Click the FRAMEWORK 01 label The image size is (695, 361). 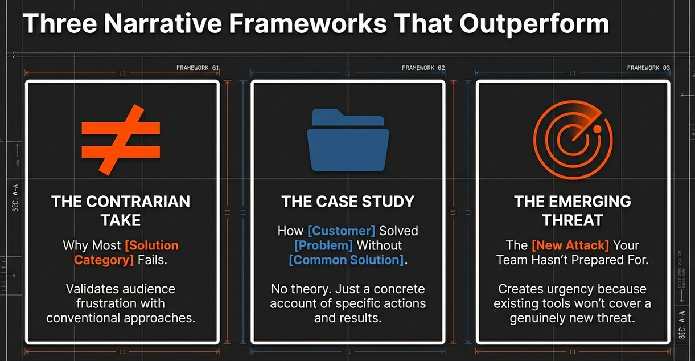coord(198,68)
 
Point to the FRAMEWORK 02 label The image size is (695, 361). coord(423,68)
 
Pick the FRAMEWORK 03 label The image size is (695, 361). coord(648,68)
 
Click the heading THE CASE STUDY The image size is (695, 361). coord(348,201)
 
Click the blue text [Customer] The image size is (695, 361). coord(341,231)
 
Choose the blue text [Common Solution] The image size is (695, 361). coord(346,260)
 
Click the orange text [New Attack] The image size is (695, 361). coord(570,245)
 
